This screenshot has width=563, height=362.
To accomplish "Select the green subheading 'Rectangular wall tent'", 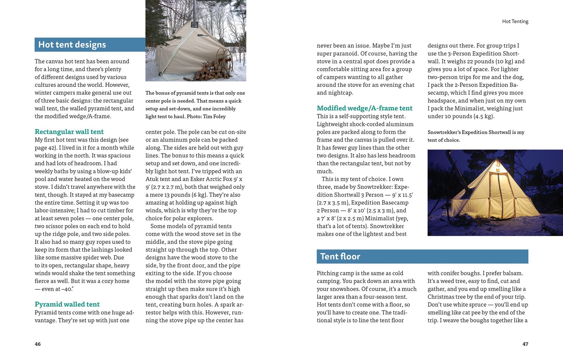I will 69,132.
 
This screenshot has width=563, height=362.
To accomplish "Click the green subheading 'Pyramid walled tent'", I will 67,304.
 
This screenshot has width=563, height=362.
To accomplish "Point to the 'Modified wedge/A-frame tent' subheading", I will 364,108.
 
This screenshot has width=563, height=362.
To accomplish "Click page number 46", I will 37,344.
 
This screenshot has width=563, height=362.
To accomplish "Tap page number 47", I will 525,344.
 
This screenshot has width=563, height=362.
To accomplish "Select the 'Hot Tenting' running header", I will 515,21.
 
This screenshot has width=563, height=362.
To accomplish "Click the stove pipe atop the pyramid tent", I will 194,12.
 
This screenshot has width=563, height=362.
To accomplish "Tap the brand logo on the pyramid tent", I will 202,35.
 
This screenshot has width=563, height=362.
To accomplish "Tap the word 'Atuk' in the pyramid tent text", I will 152,179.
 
